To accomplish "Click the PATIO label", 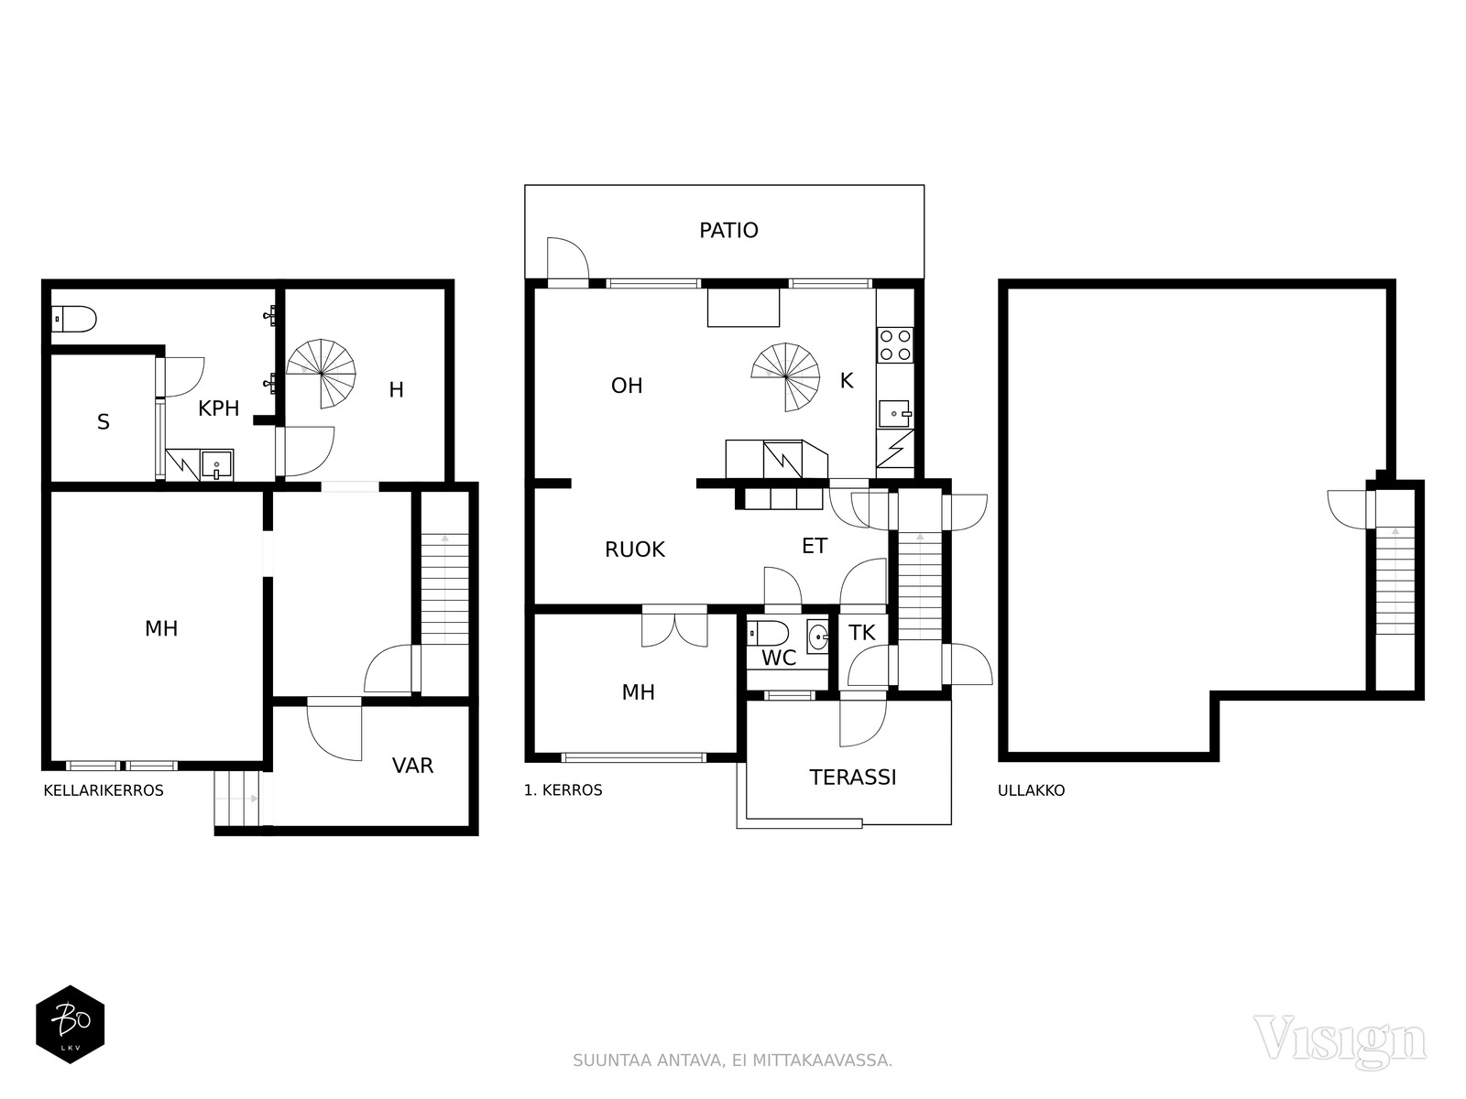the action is (x=728, y=230).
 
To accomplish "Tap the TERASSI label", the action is (x=852, y=778).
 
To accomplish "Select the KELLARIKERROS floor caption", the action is (x=104, y=790).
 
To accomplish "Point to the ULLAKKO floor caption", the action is (x=1031, y=790).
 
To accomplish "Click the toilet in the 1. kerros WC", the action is (x=768, y=633).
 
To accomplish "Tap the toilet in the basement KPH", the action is (x=74, y=319).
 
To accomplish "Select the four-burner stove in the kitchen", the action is (x=895, y=345).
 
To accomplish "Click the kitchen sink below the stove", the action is (x=894, y=414).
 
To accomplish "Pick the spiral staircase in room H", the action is (x=322, y=374).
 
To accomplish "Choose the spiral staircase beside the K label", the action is (x=785, y=377).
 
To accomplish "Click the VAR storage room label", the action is (x=412, y=766).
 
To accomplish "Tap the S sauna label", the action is (x=103, y=421).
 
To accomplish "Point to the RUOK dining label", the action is (x=634, y=549).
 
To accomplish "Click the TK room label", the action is (x=861, y=633).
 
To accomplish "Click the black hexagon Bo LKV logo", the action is (x=71, y=1024).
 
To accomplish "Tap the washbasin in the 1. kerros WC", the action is (x=818, y=637).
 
